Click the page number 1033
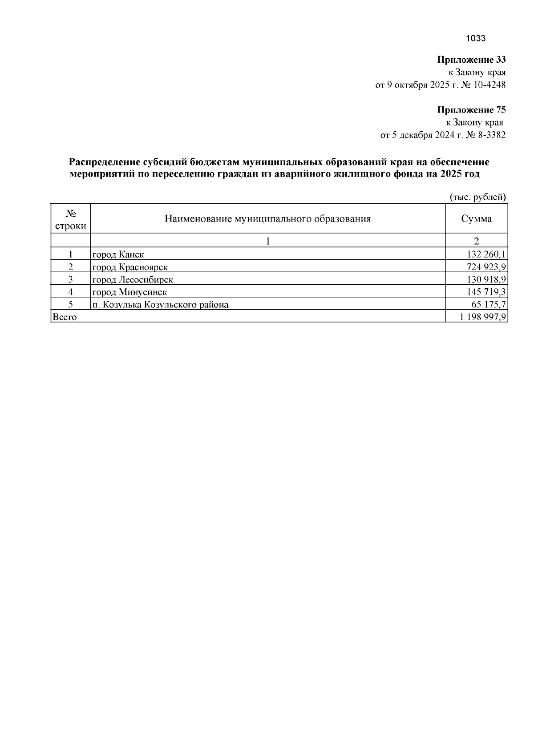coord(475,38)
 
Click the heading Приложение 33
coord(471,60)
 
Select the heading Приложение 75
coord(471,110)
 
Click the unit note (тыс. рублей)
coord(478,197)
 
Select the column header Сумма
coord(476,219)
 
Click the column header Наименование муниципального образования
coord(267,219)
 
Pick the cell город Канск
coord(118,254)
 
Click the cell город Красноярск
coord(130,267)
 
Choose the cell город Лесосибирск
coord(133,279)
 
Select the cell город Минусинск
coord(129,292)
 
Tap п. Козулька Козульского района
coord(160,305)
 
